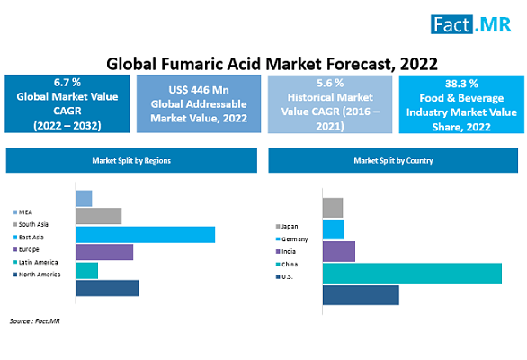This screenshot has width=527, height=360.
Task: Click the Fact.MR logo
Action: tap(470, 24)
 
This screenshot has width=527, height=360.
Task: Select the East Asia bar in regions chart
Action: tap(145, 235)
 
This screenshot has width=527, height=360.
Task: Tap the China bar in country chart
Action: tap(412, 274)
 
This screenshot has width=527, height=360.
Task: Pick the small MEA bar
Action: tap(84, 199)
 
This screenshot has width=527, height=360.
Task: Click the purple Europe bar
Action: tap(104, 252)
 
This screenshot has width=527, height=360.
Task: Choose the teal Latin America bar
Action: tap(86, 271)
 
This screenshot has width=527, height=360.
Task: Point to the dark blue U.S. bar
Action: tap(361, 295)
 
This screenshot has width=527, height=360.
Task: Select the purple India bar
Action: tap(339, 251)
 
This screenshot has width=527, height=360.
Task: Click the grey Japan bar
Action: tap(333, 208)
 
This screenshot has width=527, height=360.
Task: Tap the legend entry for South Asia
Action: tap(31, 224)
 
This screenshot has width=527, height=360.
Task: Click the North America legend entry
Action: tap(37, 274)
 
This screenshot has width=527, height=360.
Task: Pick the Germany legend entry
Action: tap(291, 239)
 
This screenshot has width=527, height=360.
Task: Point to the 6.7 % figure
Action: tap(67, 83)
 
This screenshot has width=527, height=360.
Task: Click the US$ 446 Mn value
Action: tap(199, 90)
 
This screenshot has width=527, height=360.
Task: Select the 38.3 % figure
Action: tap(461, 84)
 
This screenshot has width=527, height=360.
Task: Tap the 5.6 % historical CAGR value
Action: tap(330, 83)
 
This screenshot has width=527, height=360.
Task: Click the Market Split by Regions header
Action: tap(131, 160)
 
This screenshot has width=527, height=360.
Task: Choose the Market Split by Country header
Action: tap(393, 160)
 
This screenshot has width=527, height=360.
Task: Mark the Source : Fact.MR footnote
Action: tap(35, 321)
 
